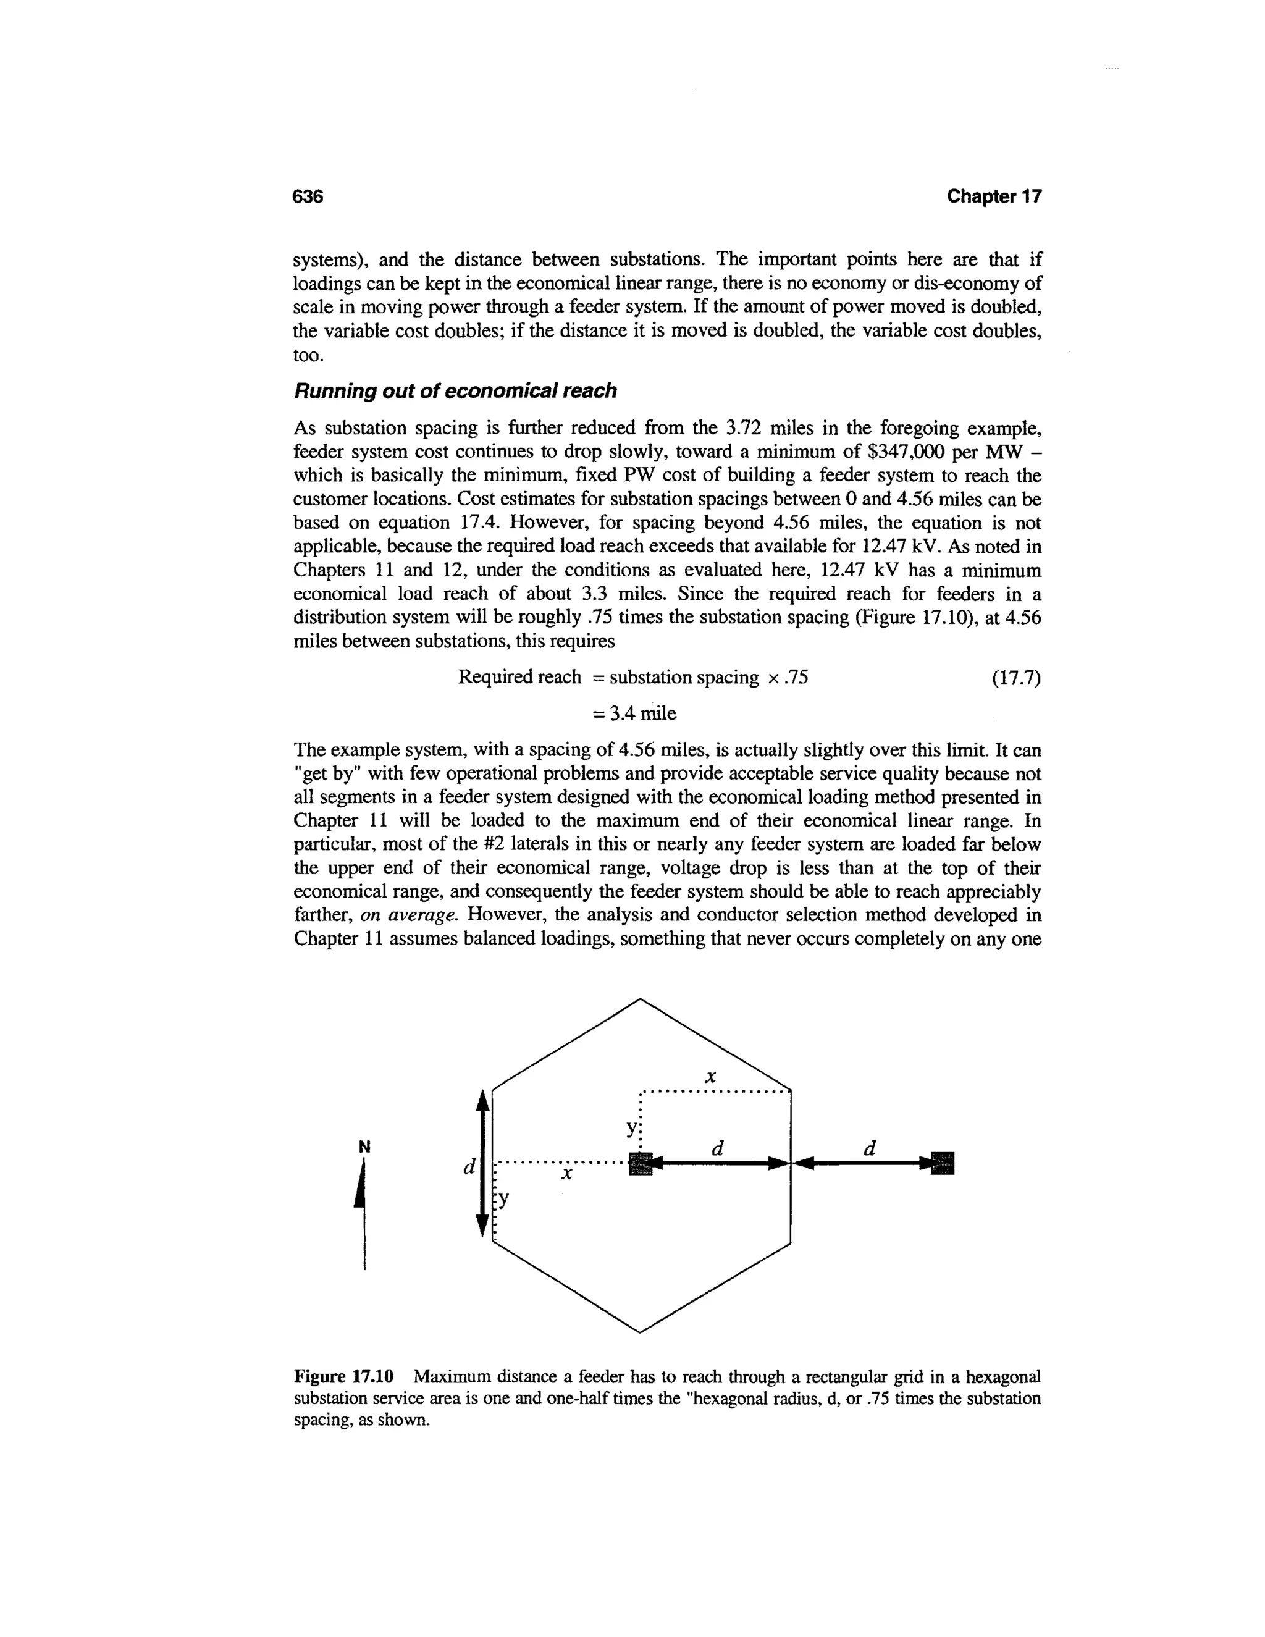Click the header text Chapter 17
point(994,196)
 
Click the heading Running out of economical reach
point(455,390)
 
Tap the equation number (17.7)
point(1016,678)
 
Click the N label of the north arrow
point(364,1147)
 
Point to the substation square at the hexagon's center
point(642,1163)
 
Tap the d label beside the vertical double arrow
point(469,1168)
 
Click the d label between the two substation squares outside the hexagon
point(869,1148)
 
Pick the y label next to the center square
point(632,1127)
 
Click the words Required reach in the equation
point(519,678)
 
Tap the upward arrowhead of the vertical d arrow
point(484,1101)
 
